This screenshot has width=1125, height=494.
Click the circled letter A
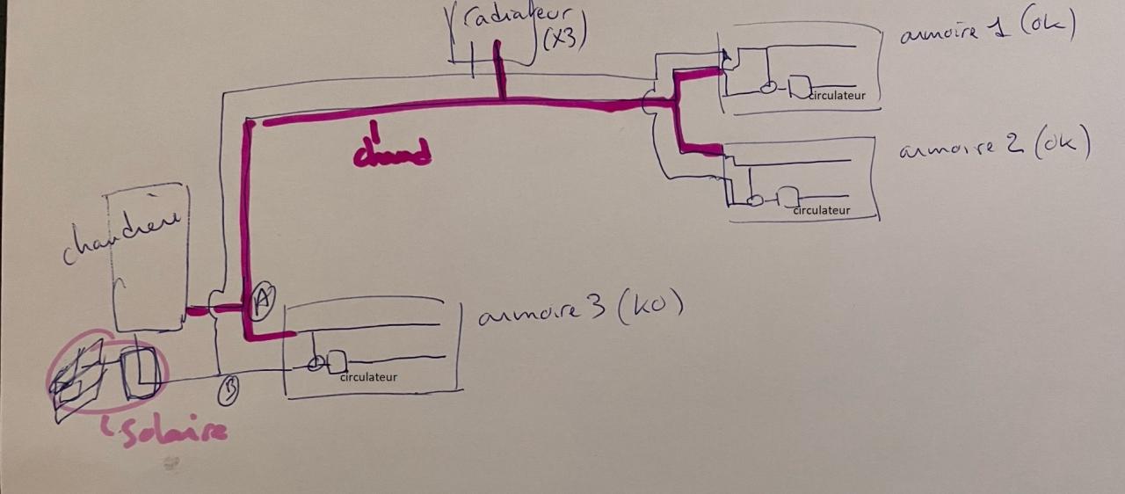coord(261,301)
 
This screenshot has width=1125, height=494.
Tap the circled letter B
coord(228,390)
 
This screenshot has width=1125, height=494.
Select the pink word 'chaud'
coord(392,151)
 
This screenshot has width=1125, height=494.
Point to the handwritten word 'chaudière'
coord(122,233)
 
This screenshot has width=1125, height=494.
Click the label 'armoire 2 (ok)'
coord(994,145)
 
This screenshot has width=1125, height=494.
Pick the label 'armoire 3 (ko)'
coord(580,309)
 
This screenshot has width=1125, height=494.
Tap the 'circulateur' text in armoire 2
coord(822,210)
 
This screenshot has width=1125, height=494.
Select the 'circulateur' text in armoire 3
coord(368,377)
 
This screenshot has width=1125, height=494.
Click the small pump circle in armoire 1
coord(767,88)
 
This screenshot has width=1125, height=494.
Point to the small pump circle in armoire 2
coord(753,200)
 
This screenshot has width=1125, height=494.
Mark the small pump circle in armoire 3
coord(315,364)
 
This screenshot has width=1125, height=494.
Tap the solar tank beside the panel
coord(141,374)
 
